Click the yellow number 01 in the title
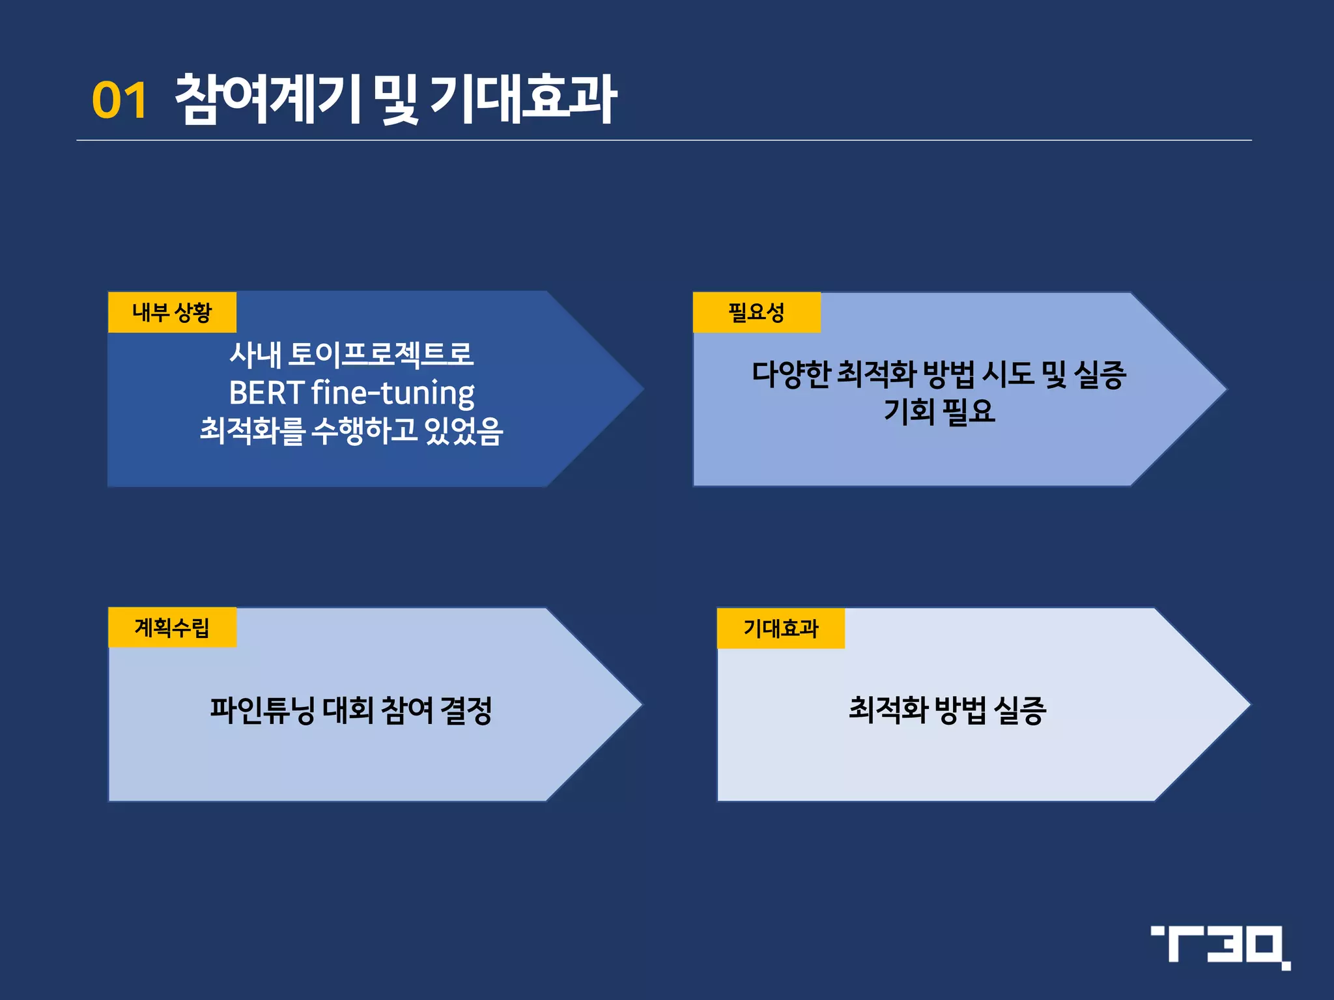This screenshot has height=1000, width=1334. pos(119,101)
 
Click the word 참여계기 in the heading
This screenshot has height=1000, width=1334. pos(268,99)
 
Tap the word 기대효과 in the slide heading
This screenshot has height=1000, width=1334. pos(523,99)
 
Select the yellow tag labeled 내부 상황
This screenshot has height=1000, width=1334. pos(172,312)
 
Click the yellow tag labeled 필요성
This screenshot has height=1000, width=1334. pos(756,312)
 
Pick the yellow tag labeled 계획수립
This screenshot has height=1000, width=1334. pos(172,628)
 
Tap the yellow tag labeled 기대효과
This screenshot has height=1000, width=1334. pos(780,628)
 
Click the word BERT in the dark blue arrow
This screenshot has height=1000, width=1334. pos(266,393)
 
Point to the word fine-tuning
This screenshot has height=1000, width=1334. pos(393,393)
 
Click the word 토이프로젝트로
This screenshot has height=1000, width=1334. pos(381,354)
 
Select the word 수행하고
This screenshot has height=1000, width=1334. pos(364,430)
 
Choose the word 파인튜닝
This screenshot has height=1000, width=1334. pos(262,710)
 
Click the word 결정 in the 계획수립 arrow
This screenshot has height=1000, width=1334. pos(466,710)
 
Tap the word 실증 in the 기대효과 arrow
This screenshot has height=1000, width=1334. pos(1020,710)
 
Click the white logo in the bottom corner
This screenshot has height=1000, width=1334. pos(1220,947)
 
